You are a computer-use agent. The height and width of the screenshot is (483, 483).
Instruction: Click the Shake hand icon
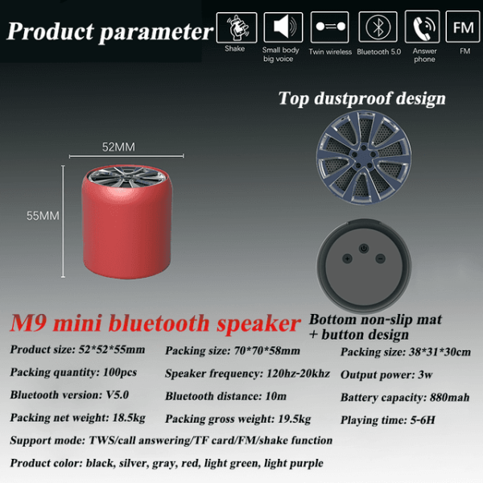(237, 27)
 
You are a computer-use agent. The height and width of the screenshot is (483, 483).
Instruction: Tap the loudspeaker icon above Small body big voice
(283, 27)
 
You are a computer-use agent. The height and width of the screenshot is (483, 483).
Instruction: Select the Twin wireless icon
(330, 27)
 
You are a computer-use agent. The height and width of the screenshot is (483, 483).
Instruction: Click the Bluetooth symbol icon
(378, 27)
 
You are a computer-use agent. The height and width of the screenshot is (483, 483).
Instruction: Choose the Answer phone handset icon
(423, 27)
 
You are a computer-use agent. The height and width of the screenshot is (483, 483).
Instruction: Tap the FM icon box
(463, 27)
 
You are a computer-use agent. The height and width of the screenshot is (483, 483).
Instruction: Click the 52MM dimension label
(118, 147)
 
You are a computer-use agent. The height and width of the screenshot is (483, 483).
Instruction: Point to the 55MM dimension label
(43, 216)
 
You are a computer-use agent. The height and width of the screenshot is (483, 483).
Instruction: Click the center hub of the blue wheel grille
(363, 156)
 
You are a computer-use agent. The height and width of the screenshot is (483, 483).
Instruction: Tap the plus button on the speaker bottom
(348, 258)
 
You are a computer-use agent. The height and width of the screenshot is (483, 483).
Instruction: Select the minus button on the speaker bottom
(381, 258)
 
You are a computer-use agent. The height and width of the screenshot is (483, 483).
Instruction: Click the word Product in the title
(51, 31)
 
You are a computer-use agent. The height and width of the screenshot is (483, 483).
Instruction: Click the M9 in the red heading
(28, 323)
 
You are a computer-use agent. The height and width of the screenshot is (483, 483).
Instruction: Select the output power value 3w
(425, 375)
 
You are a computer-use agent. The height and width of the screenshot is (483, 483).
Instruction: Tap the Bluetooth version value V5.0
(118, 395)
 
